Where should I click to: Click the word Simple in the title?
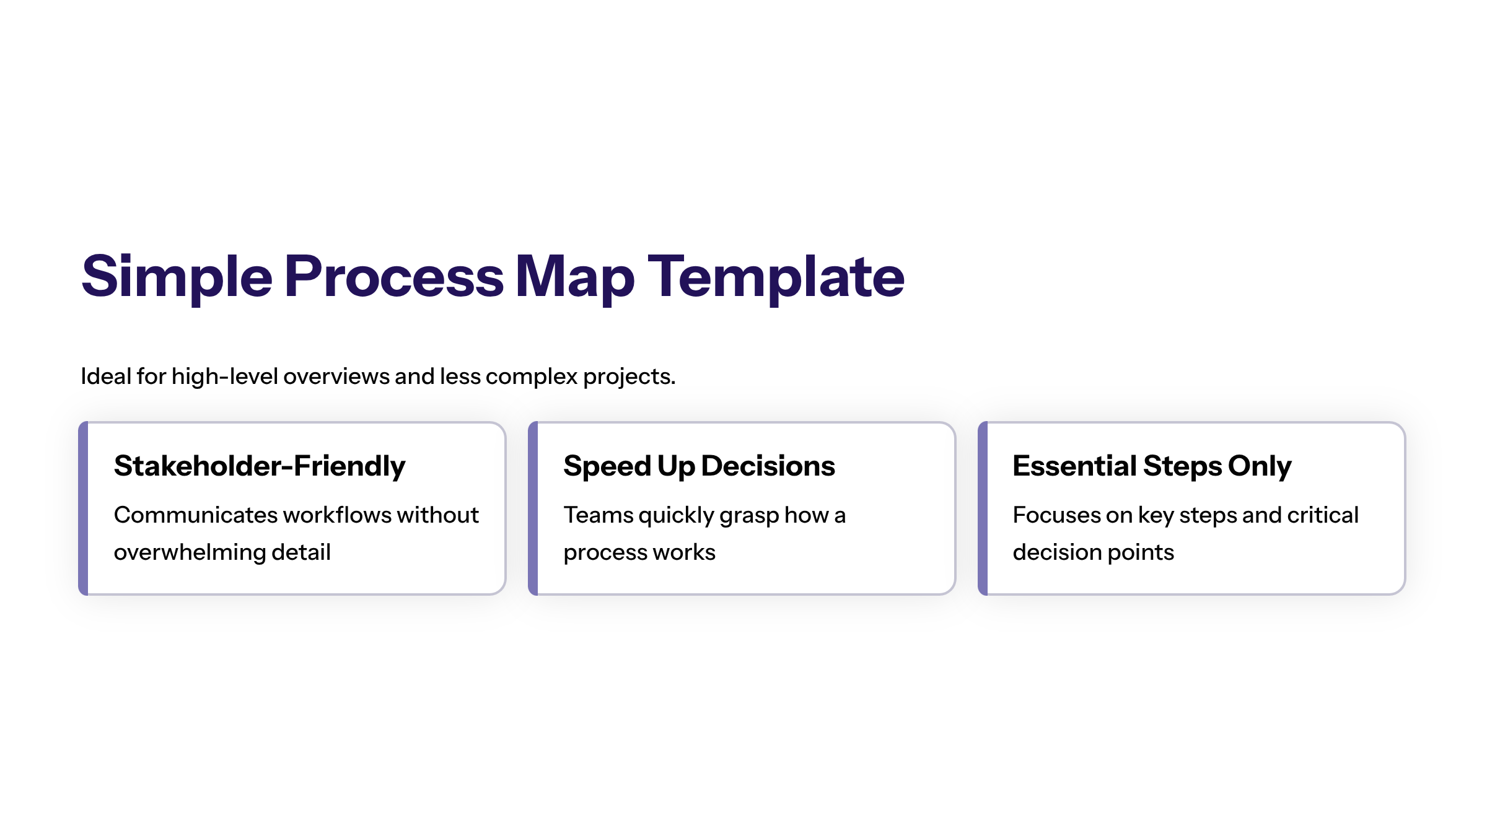tap(177, 277)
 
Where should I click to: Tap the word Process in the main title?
tap(394, 277)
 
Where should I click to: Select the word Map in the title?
tap(575, 277)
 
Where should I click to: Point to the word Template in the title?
tap(776, 277)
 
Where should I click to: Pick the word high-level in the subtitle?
tap(224, 377)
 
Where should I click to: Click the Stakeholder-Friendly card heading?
tap(260, 466)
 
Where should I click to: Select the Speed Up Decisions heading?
tap(699, 466)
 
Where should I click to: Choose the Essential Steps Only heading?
tap(1152, 466)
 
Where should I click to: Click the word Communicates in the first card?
tap(196, 515)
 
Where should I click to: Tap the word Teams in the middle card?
tap(598, 515)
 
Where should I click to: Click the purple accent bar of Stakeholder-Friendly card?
tap(83, 508)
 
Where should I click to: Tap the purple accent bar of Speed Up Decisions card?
tap(533, 508)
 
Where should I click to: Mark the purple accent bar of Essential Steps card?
tap(983, 508)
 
